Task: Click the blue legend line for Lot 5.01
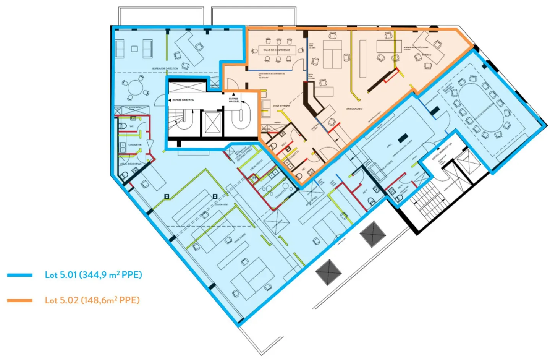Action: pos(19,275)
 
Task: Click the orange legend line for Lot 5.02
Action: pos(19,301)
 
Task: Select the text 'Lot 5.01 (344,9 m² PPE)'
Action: pos(93,275)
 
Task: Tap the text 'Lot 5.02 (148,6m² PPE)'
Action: pos(92,300)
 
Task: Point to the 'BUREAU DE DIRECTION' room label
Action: pos(165,69)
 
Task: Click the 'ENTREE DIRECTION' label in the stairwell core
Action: pos(183,100)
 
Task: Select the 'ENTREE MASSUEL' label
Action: pos(234,100)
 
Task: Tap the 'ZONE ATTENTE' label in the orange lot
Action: pos(281,106)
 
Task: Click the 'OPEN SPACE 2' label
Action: pos(354,109)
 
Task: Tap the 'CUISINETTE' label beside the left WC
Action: pos(135,145)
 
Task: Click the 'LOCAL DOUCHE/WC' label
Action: pos(131,164)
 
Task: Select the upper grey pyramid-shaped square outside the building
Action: pos(372,234)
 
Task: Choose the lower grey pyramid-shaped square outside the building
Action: pos(328,272)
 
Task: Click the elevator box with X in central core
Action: pos(211,123)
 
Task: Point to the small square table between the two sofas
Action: pos(134,49)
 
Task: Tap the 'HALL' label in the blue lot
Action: pos(389,146)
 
